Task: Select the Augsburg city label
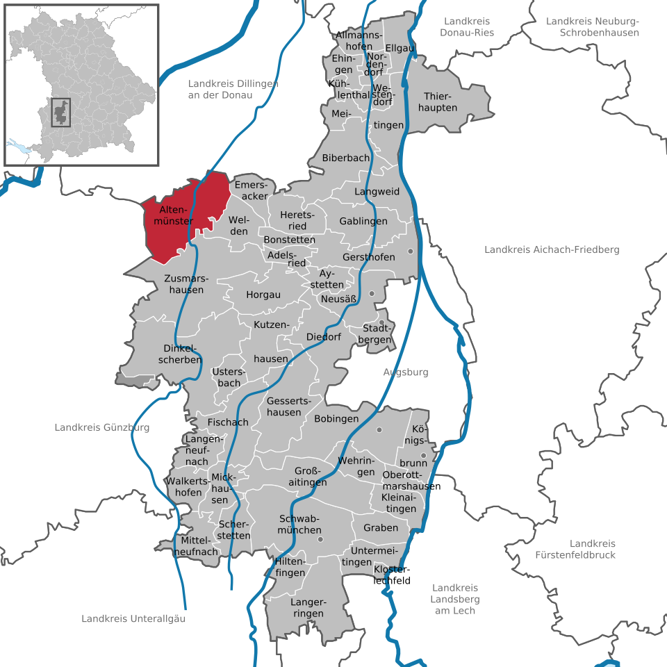click(406, 372)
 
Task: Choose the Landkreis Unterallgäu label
click(133, 618)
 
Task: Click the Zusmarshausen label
click(183, 283)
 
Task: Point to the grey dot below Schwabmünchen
click(320, 539)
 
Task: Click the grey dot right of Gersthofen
click(411, 251)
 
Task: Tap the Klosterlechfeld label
click(392, 575)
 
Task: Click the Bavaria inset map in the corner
click(81, 84)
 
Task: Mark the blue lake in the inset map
click(20, 147)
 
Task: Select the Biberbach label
click(345, 158)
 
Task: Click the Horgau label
click(263, 295)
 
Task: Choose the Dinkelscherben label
click(182, 354)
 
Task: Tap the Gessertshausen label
click(284, 406)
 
